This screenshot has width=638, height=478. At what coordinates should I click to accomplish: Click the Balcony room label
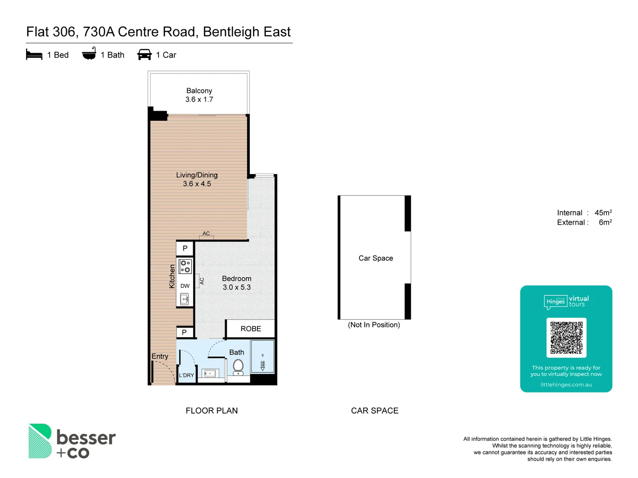tap(199, 91)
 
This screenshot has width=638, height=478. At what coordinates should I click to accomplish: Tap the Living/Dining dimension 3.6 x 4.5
tap(197, 184)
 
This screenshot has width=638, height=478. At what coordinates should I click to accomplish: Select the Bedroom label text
tap(237, 278)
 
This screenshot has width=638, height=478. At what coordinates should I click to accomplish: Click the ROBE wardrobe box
tap(250, 329)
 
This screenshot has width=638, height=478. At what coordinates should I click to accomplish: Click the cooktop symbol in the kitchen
tap(185, 266)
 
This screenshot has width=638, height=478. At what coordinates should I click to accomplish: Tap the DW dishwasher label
tap(185, 286)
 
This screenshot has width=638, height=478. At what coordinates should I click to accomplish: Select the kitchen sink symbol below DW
tap(185, 300)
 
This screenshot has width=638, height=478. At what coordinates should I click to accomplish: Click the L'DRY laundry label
tap(186, 375)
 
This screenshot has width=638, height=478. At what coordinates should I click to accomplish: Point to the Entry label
tap(160, 356)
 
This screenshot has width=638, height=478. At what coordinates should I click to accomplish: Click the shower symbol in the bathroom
tap(263, 362)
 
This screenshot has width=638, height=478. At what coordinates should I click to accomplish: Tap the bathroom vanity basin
tap(210, 374)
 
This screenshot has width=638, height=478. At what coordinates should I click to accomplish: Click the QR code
tap(566, 338)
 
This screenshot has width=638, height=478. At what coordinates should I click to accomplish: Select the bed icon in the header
tap(34, 55)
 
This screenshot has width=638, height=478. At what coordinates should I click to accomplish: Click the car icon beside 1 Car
tap(144, 55)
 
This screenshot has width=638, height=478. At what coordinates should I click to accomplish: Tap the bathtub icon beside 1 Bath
tap(89, 54)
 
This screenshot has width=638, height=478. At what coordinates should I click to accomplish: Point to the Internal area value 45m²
tap(603, 213)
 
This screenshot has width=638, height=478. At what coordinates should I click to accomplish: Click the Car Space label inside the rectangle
tap(376, 258)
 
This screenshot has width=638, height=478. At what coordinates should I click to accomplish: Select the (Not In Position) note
tap(374, 325)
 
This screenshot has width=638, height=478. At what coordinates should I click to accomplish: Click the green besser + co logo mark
tap(40, 441)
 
